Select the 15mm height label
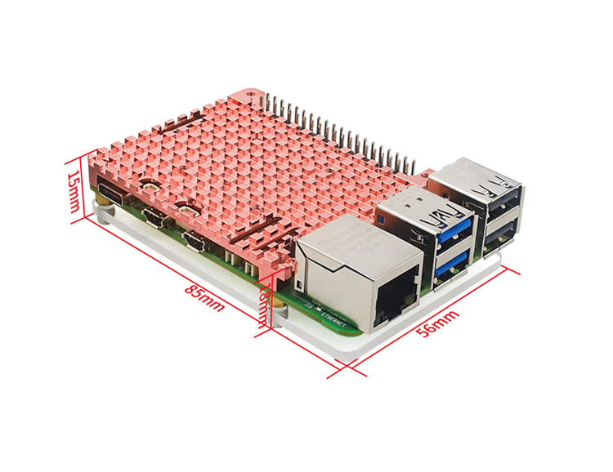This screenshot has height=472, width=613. click(73, 189)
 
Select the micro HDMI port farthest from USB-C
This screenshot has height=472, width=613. click(195, 240)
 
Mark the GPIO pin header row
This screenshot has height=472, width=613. click(343, 131)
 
